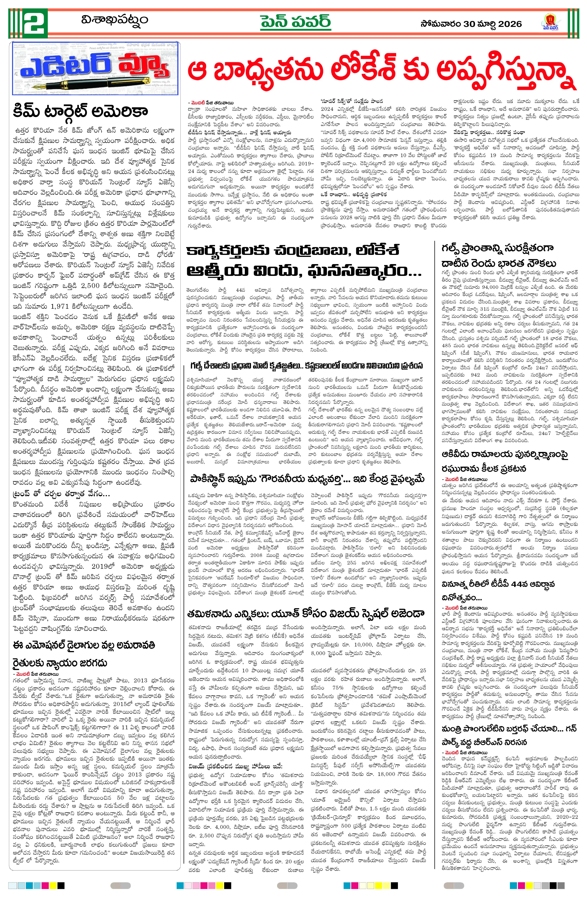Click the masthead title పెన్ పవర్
click(x=295, y=22)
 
